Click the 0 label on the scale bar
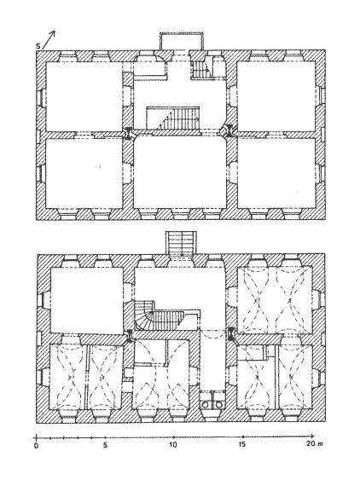[36, 445]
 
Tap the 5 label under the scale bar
[105, 445]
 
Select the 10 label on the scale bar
[173, 445]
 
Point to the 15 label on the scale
[242, 444]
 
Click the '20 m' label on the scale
[313, 444]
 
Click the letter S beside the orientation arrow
[38, 46]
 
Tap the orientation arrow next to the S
[49, 39]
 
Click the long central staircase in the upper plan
[173, 118]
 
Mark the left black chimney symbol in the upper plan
[128, 134]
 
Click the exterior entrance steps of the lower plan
[182, 243]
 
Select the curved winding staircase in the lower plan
[160, 317]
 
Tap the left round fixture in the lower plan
[205, 404]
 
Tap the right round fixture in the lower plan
[218, 404]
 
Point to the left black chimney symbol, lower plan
[130, 336]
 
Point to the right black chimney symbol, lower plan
[232, 333]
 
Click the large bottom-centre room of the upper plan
[180, 173]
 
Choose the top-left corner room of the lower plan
[87, 301]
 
